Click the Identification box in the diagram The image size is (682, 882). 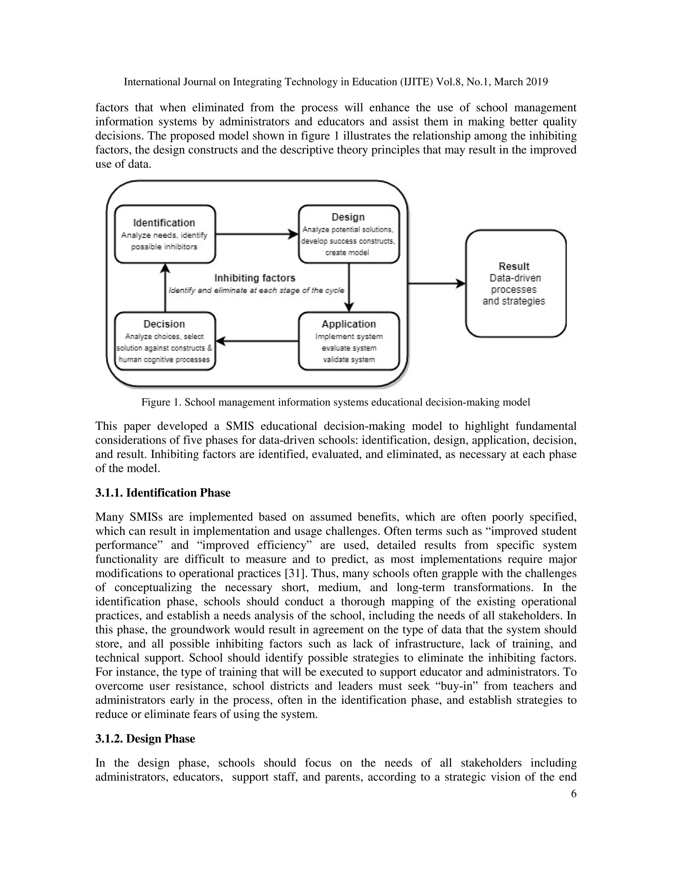[x=165, y=234]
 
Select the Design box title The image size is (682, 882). [x=348, y=217]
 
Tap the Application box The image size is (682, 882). [x=349, y=341]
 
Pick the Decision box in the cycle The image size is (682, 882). [x=165, y=341]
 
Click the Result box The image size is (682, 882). [x=515, y=284]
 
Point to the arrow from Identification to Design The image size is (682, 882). [x=256, y=234]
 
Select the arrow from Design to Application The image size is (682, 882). [x=349, y=287]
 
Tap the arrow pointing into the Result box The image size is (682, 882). [x=436, y=284]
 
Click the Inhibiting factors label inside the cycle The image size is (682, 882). [x=255, y=278]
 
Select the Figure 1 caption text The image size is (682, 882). [x=335, y=402]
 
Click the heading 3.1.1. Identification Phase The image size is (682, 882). [x=163, y=493]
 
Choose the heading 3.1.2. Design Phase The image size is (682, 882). [x=145, y=739]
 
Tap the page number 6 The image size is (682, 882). [x=573, y=793]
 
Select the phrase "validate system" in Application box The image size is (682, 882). [x=349, y=359]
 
